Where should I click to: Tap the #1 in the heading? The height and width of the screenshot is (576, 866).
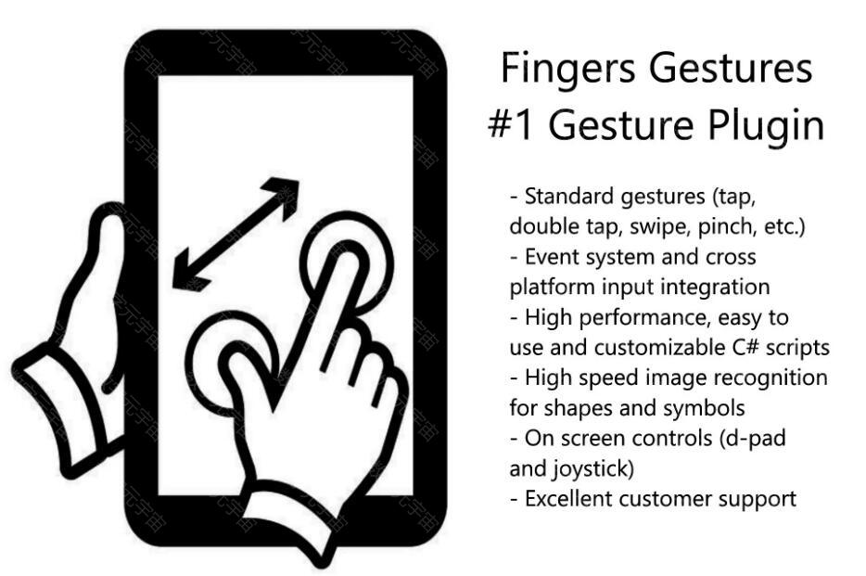[510, 125]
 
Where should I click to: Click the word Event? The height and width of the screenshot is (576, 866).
[554, 257]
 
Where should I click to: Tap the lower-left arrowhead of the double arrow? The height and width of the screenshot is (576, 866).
[189, 273]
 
